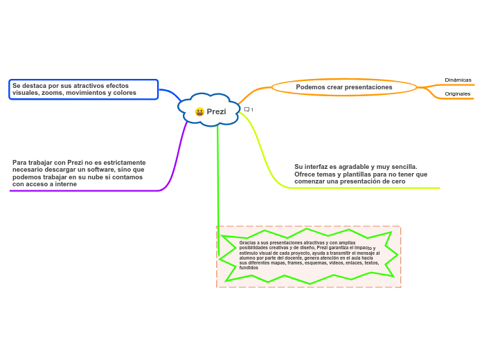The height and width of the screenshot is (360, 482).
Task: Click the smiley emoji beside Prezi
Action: (x=199, y=111)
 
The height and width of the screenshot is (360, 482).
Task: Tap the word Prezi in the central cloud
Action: (x=216, y=111)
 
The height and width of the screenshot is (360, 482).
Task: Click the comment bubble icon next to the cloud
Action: (x=247, y=109)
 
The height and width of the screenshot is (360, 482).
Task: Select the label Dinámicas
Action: (x=458, y=80)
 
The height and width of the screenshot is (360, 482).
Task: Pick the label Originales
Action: (x=457, y=93)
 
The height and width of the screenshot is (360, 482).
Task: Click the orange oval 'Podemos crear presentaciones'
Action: (x=343, y=87)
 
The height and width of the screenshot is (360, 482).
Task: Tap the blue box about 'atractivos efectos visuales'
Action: (x=83, y=89)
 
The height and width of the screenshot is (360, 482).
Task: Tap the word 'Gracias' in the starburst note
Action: (x=247, y=243)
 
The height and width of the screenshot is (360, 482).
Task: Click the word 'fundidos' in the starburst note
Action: (x=249, y=267)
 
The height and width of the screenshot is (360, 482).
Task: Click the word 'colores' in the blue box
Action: (x=125, y=93)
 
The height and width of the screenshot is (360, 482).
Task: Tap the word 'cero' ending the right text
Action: (x=398, y=181)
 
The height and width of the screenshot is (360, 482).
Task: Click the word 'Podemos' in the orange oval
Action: (x=308, y=87)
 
